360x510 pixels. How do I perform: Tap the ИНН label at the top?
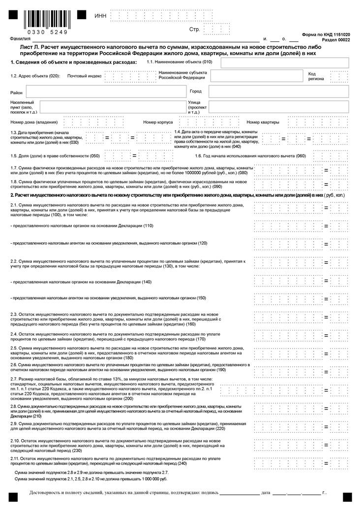tap(100, 16)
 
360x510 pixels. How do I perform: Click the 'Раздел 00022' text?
tap(336, 40)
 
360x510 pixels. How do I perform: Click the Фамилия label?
tap(18, 38)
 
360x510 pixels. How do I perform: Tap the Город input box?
tap(278, 92)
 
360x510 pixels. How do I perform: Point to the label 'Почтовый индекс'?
tap(84, 76)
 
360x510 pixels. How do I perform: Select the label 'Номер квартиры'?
tap(263, 122)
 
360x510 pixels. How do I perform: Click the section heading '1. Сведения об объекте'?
tap(73, 63)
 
